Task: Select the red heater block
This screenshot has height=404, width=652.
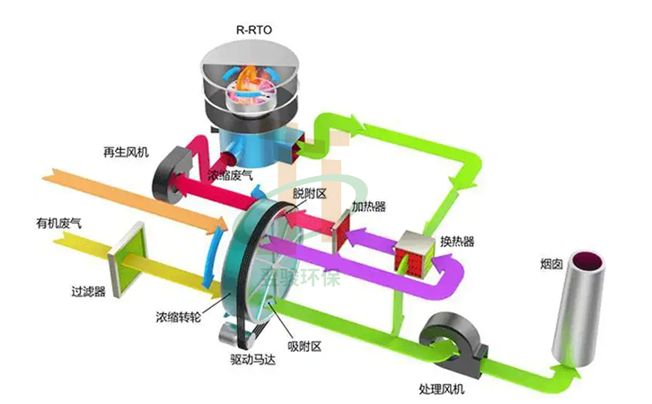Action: click(x=345, y=233)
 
